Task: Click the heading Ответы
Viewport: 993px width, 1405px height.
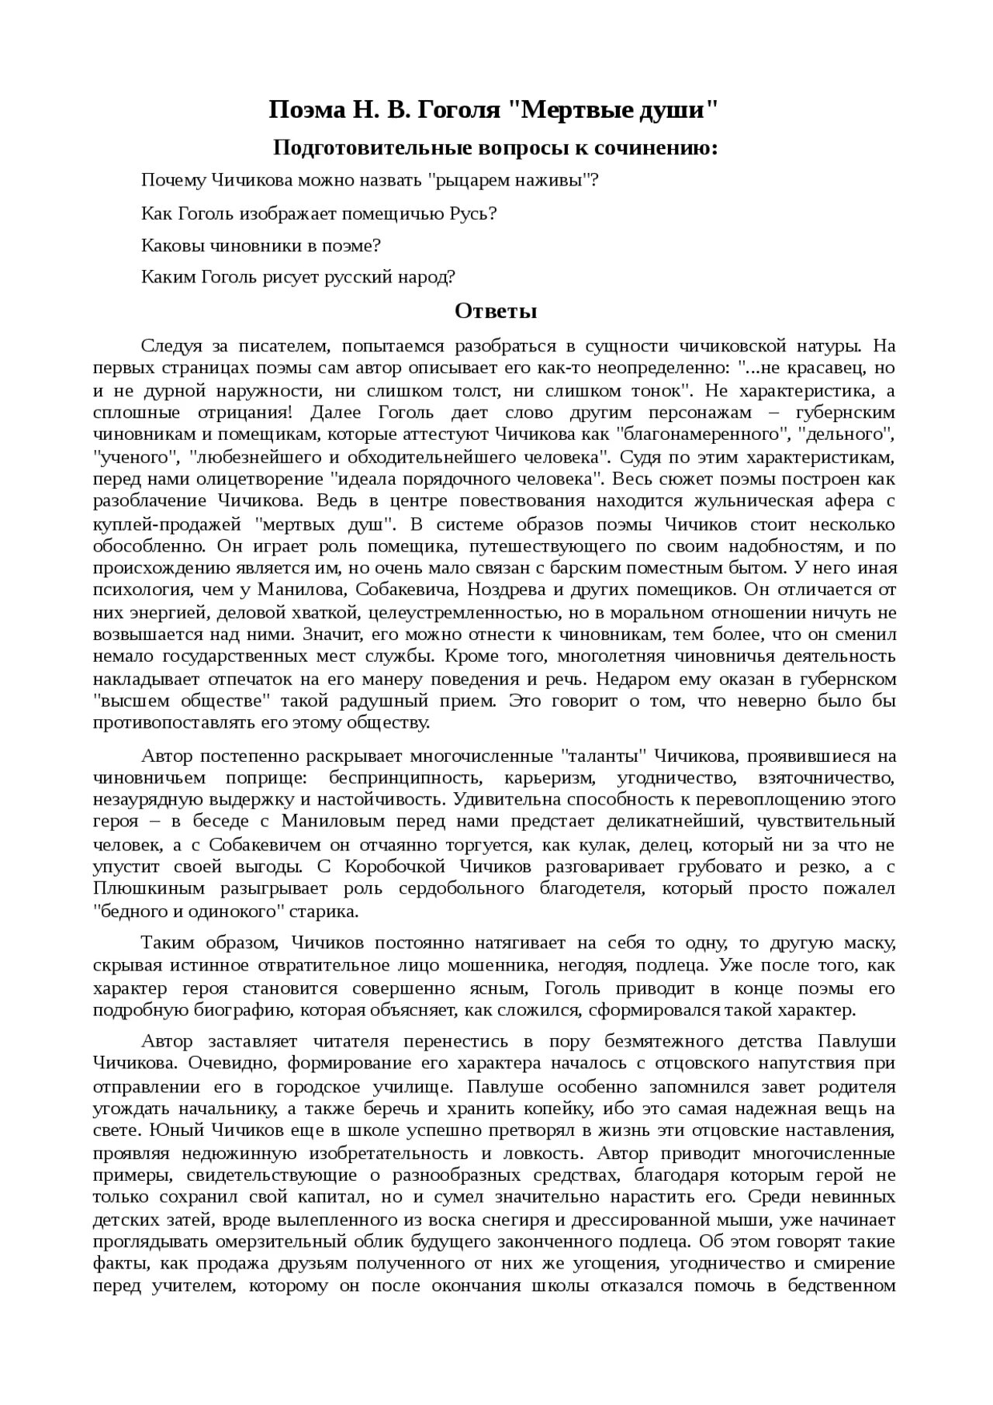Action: pyautogui.click(x=496, y=312)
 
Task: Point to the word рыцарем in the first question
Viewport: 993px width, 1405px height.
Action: pyautogui.click(x=468, y=181)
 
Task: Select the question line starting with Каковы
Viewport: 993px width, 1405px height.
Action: pyautogui.click(x=261, y=246)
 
